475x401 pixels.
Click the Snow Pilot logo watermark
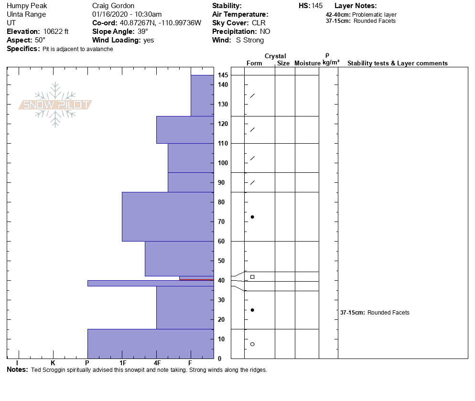(55, 105)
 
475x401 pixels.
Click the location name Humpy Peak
(27, 6)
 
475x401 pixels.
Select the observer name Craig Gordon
(113, 6)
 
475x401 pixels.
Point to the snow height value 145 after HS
(317, 6)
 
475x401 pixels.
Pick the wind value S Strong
(250, 40)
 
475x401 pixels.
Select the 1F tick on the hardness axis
(122, 363)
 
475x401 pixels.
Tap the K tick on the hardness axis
(53, 363)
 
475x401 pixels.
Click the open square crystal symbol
(252, 277)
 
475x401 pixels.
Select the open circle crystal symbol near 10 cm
(252, 344)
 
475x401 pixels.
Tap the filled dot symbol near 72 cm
(252, 217)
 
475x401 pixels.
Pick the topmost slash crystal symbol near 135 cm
(252, 96)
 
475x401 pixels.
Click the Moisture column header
(307, 63)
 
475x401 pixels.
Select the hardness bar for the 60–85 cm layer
(168, 217)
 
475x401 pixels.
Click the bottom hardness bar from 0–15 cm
(151, 344)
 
